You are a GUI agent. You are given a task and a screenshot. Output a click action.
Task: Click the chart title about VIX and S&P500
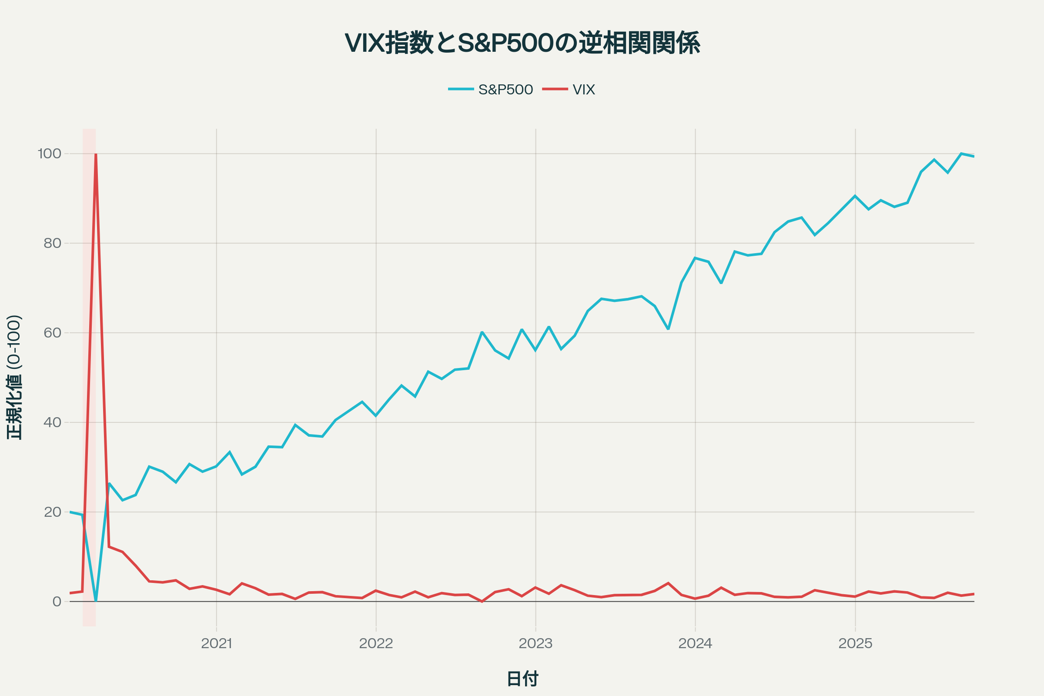[522, 43]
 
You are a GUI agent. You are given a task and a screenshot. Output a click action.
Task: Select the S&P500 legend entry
[505, 90]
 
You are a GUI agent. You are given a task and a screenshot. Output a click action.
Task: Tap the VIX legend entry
[583, 90]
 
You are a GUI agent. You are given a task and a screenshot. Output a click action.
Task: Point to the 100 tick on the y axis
[50, 154]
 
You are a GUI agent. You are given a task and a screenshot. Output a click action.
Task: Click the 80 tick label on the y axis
[52, 243]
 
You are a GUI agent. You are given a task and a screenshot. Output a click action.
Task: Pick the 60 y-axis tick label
[52, 333]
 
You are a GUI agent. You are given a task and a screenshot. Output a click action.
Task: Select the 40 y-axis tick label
[52, 422]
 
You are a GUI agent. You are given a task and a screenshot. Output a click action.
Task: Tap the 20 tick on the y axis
[52, 512]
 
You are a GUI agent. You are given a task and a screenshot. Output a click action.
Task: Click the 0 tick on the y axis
[57, 602]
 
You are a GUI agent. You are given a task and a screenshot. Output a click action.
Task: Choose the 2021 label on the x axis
[217, 644]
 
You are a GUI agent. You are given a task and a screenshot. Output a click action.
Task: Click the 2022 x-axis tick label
[376, 644]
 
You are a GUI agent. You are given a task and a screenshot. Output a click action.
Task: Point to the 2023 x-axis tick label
[536, 644]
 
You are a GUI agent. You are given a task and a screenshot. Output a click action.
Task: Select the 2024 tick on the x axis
[695, 644]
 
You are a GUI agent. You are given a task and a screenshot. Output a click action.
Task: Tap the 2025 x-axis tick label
[855, 644]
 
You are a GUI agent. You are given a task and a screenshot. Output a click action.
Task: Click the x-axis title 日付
[522, 679]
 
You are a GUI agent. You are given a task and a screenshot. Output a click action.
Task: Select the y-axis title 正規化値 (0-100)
[14, 377]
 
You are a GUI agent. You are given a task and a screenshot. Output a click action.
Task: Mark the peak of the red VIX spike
[96, 154]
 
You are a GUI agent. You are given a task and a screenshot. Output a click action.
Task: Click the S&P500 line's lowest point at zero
[96, 601]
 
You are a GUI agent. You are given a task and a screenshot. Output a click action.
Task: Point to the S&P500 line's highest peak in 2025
[961, 154]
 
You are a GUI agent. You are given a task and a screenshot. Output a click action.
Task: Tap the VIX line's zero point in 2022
[482, 602]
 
